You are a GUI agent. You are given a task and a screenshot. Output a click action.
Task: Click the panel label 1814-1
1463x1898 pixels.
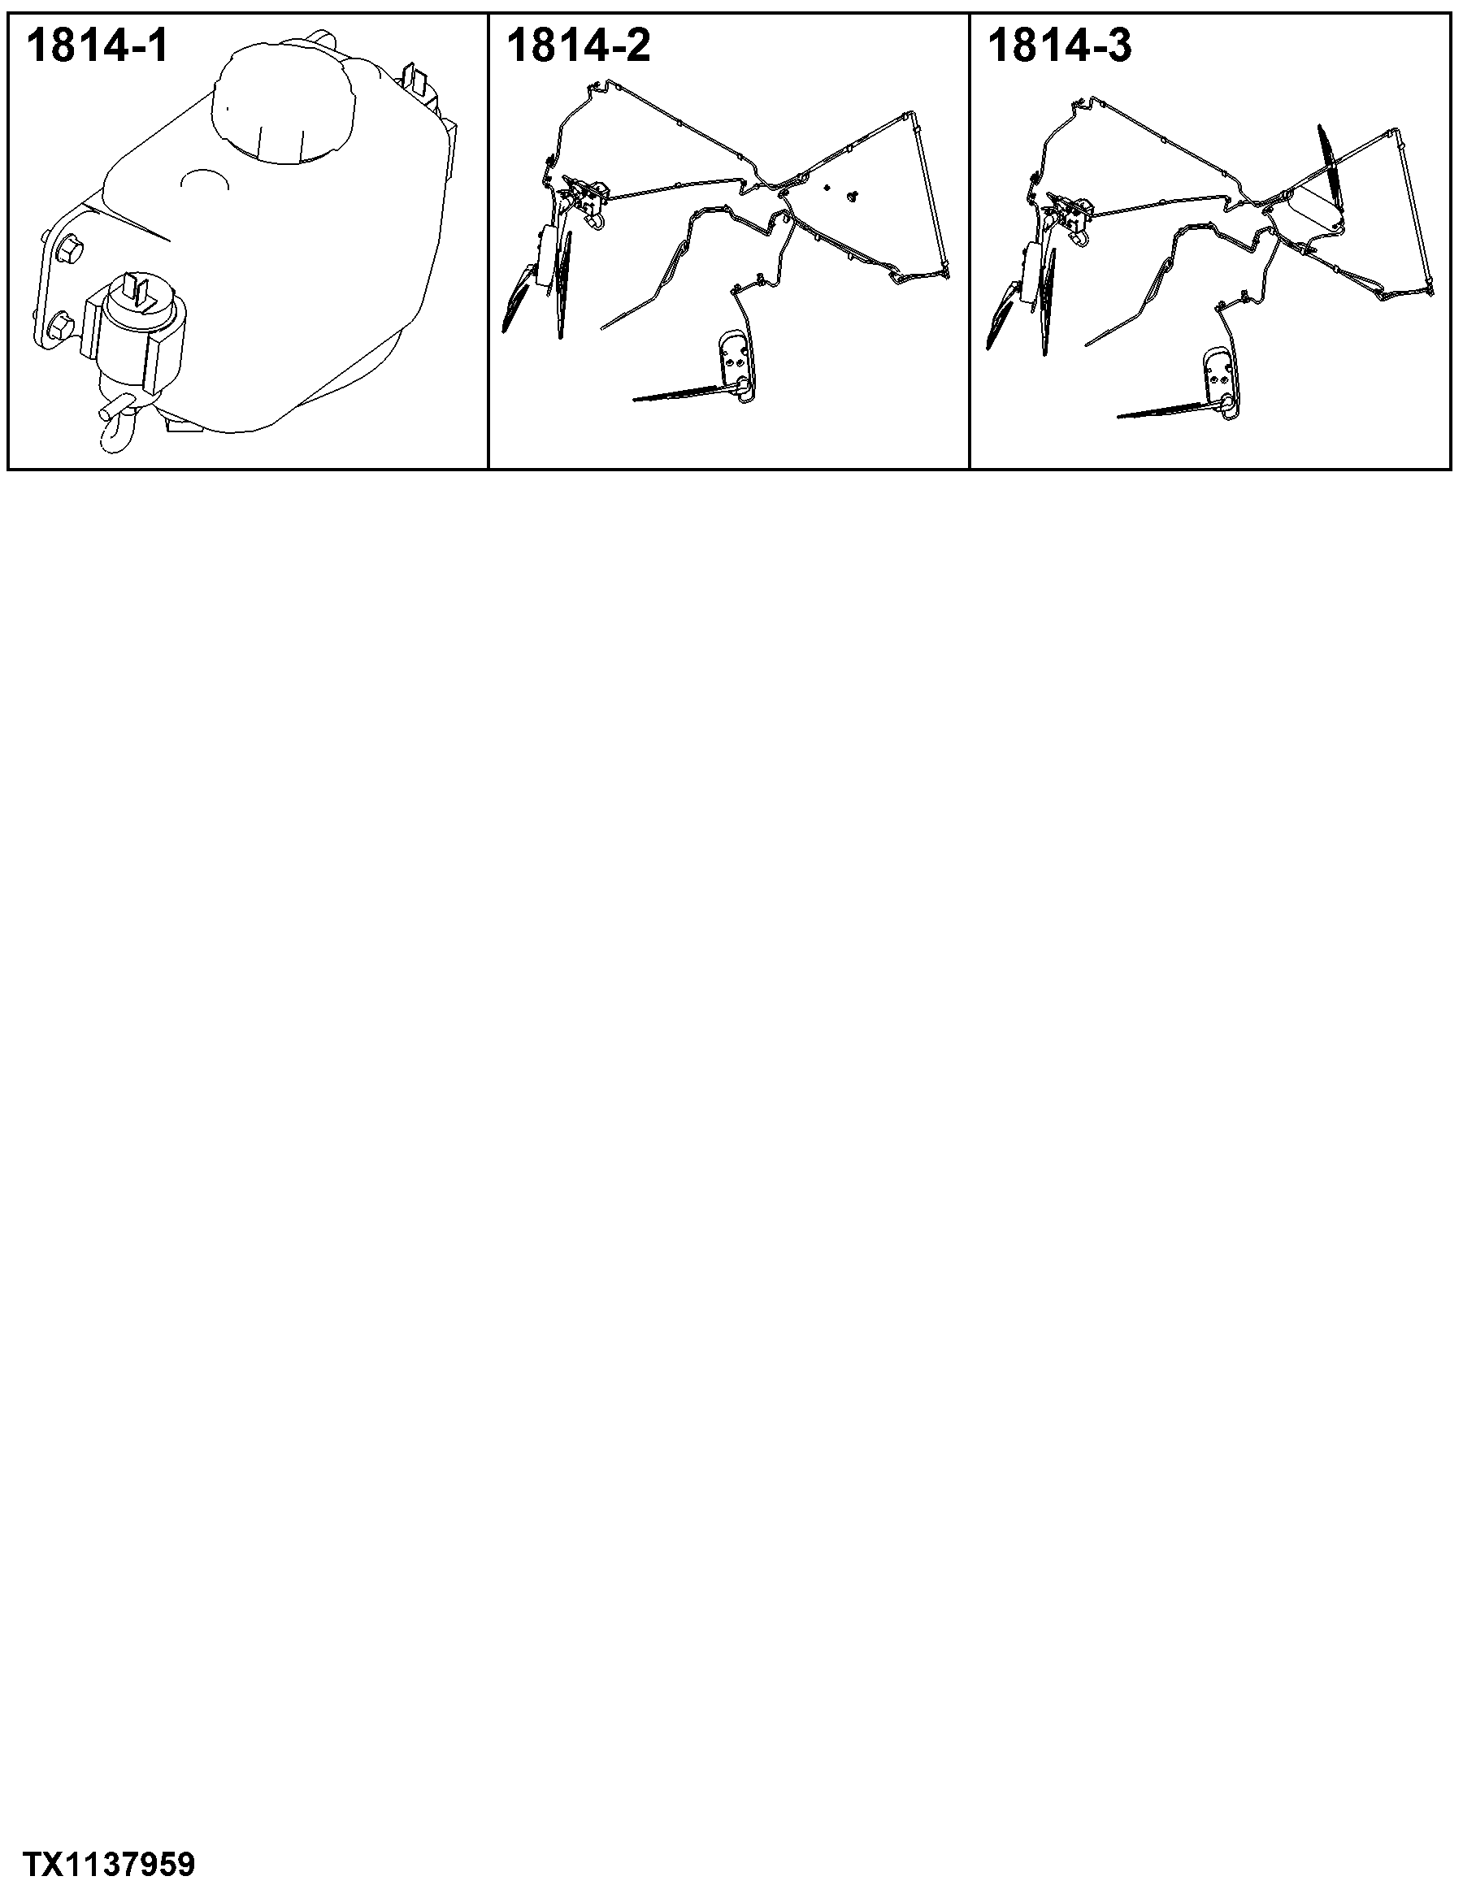(x=98, y=46)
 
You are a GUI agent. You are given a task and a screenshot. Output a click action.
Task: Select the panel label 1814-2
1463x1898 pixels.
(x=578, y=46)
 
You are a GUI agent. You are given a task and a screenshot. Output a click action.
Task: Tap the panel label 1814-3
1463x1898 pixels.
(x=1060, y=46)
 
